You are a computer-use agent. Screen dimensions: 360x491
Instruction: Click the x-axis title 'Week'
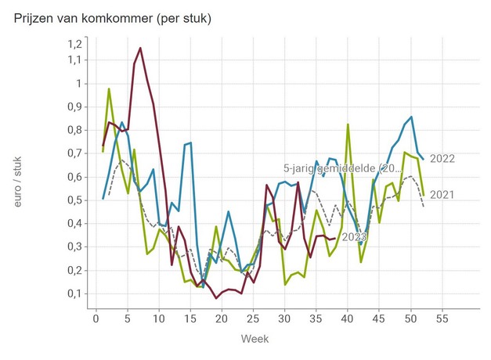tap(255, 339)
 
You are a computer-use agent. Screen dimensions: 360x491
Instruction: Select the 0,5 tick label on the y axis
tap(74, 200)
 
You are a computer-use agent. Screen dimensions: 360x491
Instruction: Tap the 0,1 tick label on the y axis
tap(74, 293)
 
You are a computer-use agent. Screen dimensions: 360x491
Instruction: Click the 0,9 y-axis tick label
tap(74, 106)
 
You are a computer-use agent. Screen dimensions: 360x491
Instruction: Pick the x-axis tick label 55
tap(442, 319)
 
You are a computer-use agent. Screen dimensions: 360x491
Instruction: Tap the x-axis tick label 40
tap(347, 319)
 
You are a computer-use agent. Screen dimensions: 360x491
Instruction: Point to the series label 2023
tap(353, 237)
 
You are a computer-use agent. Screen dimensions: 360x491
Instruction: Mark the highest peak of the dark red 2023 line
tap(140, 48)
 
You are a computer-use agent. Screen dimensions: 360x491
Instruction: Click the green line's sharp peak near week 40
tap(348, 124)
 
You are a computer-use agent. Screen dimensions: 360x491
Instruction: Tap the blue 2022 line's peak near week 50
tap(411, 117)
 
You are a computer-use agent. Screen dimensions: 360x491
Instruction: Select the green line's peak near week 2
tap(109, 88)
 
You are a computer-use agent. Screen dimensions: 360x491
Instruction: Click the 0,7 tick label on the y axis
tap(74, 153)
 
